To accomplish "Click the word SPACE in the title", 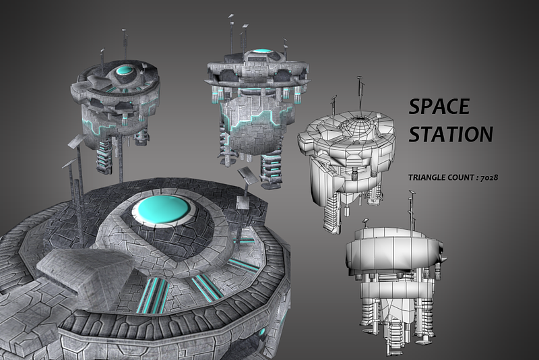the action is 439,107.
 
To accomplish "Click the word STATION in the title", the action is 451,133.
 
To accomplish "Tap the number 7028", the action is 489,178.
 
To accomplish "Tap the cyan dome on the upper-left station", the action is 125,70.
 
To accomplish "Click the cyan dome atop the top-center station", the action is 263,51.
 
